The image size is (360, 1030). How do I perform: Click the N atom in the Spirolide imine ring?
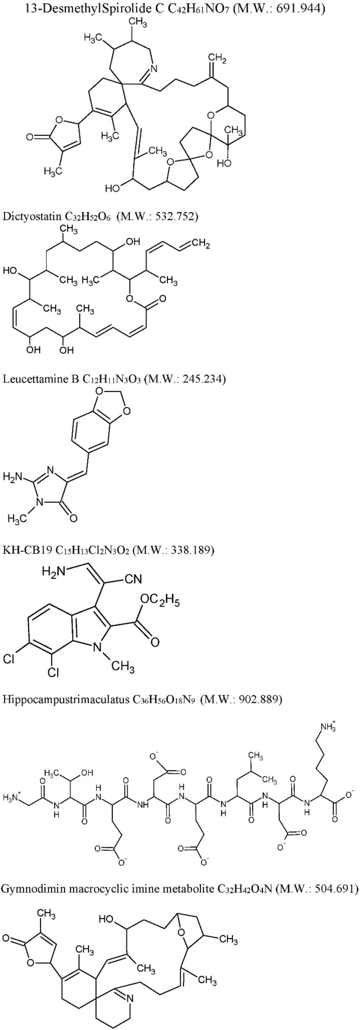coord(154,69)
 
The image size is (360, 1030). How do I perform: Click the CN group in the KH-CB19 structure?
coord(133,579)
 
